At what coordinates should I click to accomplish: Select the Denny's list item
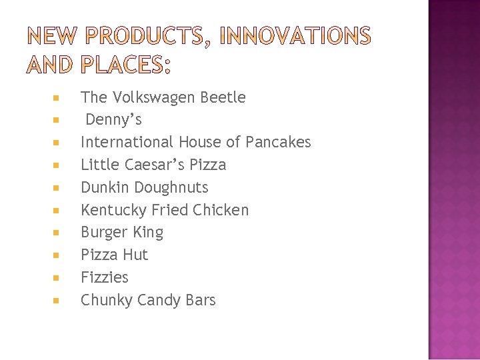coord(113,120)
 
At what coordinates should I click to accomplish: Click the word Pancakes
coord(278,142)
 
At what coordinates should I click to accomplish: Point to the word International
coord(127,142)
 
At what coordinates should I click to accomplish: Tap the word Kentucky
coord(114,211)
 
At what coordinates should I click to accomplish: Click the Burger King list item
coord(121,233)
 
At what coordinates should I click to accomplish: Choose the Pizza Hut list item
coord(114,255)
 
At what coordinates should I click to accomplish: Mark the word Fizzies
coord(104,277)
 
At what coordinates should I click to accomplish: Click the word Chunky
coord(107,301)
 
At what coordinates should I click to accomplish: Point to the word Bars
coord(199,300)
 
